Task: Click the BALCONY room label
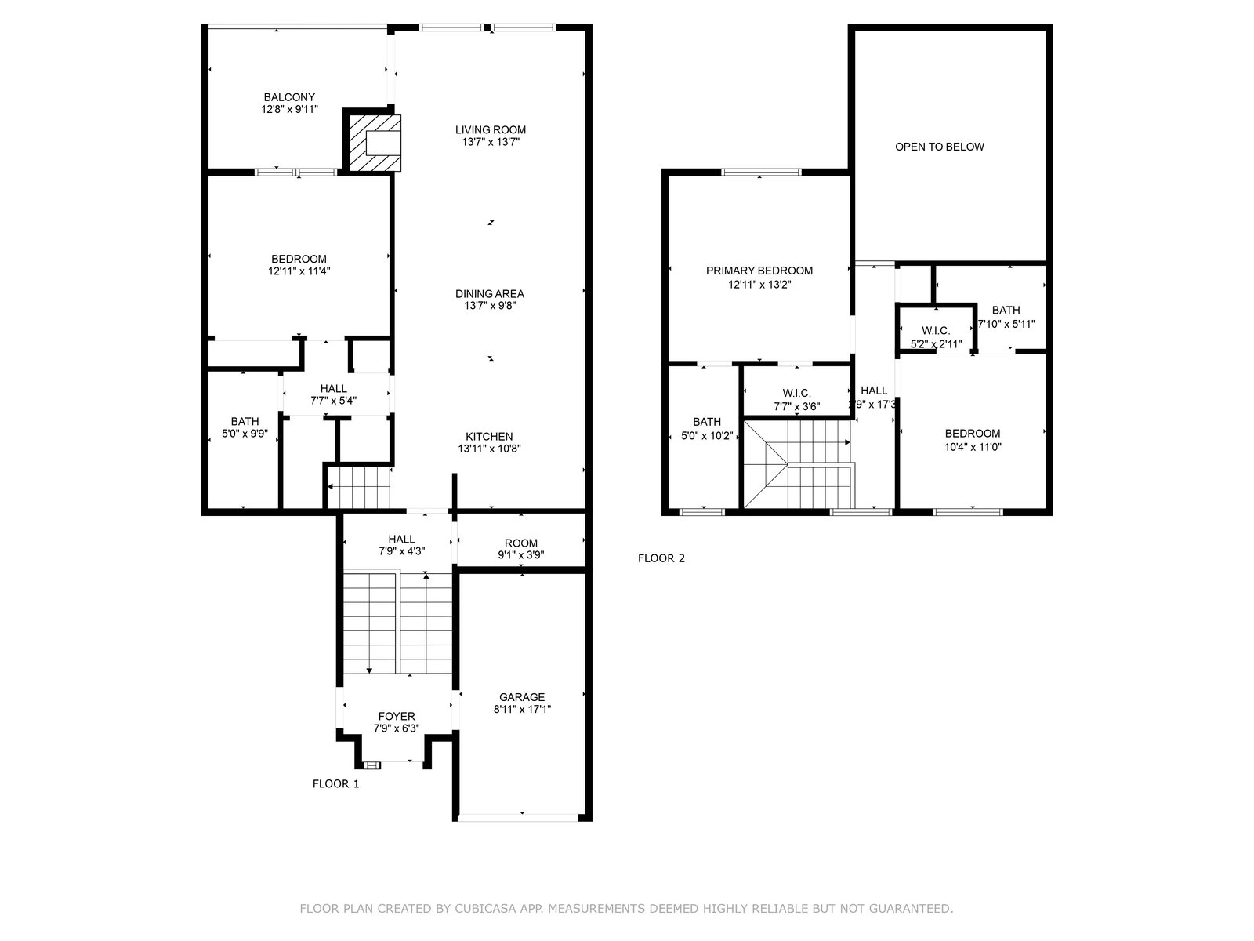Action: coord(289,97)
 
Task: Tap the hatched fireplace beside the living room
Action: coord(375,143)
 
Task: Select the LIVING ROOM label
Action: coord(490,129)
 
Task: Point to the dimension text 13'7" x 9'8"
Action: coord(490,306)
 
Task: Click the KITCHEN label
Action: coord(489,436)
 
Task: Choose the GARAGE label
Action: coord(522,697)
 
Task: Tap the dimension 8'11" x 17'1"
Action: coord(522,710)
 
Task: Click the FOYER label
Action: coord(397,717)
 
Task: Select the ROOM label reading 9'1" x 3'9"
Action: coord(520,543)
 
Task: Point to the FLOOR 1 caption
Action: coord(336,784)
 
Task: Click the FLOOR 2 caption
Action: coord(661,558)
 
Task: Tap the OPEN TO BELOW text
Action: coord(939,147)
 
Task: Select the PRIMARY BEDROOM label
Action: coord(759,271)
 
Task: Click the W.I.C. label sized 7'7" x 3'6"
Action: coord(796,393)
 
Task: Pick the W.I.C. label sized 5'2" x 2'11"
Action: coord(936,331)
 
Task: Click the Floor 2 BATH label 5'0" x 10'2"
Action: coord(707,422)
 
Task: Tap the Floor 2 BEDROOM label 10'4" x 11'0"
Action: coord(973,434)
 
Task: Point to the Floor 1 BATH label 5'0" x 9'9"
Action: coord(245,421)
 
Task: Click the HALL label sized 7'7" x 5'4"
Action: coord(333,388)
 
